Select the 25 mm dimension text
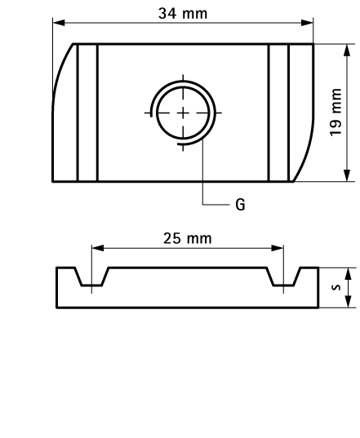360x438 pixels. click(x=187, y=237)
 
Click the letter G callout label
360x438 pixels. click(x=240, y=204)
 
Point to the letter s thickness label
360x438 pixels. click(x=334, y=287)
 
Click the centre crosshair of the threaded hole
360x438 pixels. click(x=183, y=113)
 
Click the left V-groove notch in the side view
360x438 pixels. click(x=91, y=279)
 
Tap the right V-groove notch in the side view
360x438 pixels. click(x=283, y=279)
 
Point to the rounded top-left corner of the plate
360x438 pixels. click(x=60, y=69)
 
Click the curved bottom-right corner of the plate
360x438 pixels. click(x=305, y=160)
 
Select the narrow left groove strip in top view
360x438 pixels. click(x=87, y=113)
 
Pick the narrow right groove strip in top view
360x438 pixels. click(x=278, y=113)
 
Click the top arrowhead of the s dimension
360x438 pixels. click(x=348, y=272)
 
